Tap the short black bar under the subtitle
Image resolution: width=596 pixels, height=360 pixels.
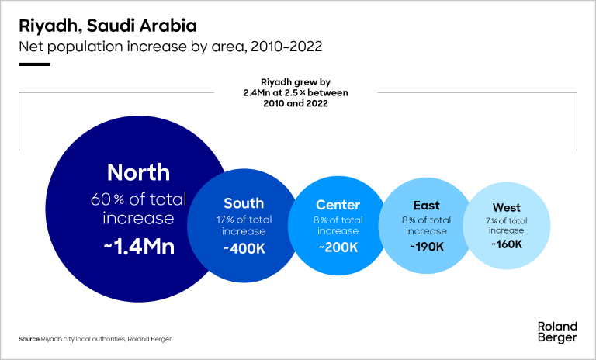(x=35, y=64)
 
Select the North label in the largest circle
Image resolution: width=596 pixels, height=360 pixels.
(x=138, y=172)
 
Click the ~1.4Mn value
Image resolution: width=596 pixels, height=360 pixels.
(x=138, y=247)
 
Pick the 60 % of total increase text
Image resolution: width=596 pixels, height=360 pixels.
(x=138, y=209)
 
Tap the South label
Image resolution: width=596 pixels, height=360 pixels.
(x=244, y=203)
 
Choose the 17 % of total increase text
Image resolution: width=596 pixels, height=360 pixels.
(x=244, y=226)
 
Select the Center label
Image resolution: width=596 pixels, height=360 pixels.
(x=338, y=206)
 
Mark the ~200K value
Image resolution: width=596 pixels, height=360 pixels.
(x=338, y=247)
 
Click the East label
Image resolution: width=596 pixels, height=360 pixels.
(x=426, y=206)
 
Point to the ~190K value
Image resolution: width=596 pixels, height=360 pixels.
(x=426, y=247)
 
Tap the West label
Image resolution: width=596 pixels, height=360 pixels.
(x=506, y=208)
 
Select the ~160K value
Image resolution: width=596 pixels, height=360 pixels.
(x=506, y=244)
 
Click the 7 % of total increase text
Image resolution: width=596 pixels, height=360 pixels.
(x=506, y=226)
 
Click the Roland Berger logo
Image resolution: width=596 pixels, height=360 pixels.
(x=556, y=331)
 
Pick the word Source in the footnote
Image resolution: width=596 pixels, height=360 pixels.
(x=29, y=339)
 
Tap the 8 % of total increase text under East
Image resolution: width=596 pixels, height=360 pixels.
(x=426, y=226)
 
